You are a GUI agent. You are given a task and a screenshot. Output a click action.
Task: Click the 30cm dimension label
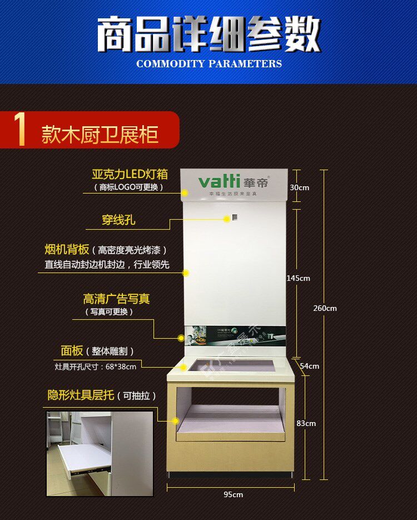[x=299, y=187]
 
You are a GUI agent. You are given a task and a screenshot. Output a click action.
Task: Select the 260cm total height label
[x=325, y=308]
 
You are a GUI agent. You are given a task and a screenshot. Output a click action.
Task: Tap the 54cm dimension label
[x=310, y=366]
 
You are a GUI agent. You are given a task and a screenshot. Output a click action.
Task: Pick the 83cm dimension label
[x=306, y=423]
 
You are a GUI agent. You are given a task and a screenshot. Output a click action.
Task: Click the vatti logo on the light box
[x=220, y=182]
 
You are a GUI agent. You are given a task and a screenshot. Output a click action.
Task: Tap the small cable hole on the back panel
[x=235, y=217]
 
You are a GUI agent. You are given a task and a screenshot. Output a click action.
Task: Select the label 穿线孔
[x=118, y=220]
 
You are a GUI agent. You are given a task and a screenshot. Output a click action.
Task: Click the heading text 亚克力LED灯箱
[x=130, y=174]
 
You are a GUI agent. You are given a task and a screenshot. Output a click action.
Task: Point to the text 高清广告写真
[x=116, y=299]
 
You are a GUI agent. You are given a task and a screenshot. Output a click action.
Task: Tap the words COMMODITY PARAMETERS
[x=209, y=63]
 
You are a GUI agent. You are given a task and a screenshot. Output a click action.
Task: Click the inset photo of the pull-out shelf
[x=100, y=453]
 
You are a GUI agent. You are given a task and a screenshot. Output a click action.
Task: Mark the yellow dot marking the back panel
[x=186, y=273]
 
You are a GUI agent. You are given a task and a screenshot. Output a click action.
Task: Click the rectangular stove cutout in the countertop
[x=232, y=366]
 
